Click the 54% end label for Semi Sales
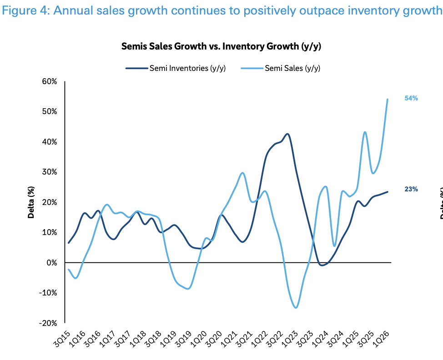tap(411, 98)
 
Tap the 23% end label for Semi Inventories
tap(411, 189)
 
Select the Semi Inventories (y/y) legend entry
tap(176, 68)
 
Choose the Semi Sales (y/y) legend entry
tap(281, 68)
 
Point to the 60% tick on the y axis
tap(50, 82)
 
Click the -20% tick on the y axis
tap(48, 323)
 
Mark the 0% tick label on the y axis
tap(52, 263)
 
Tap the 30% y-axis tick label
tap(50, 172)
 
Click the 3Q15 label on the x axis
tap(61, 339)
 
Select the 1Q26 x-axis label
tap(381, 339)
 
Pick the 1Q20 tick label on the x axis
tap(198, 339)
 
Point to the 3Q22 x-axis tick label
tap(275, 339)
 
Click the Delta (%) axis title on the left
tap(31, 202)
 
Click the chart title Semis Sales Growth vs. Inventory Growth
tap(221, 46)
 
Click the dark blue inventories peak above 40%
tap(287, 134)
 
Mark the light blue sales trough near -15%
tap(296, 307)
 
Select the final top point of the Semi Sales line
tap(388, 99)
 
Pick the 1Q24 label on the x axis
tap(320, 339)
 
